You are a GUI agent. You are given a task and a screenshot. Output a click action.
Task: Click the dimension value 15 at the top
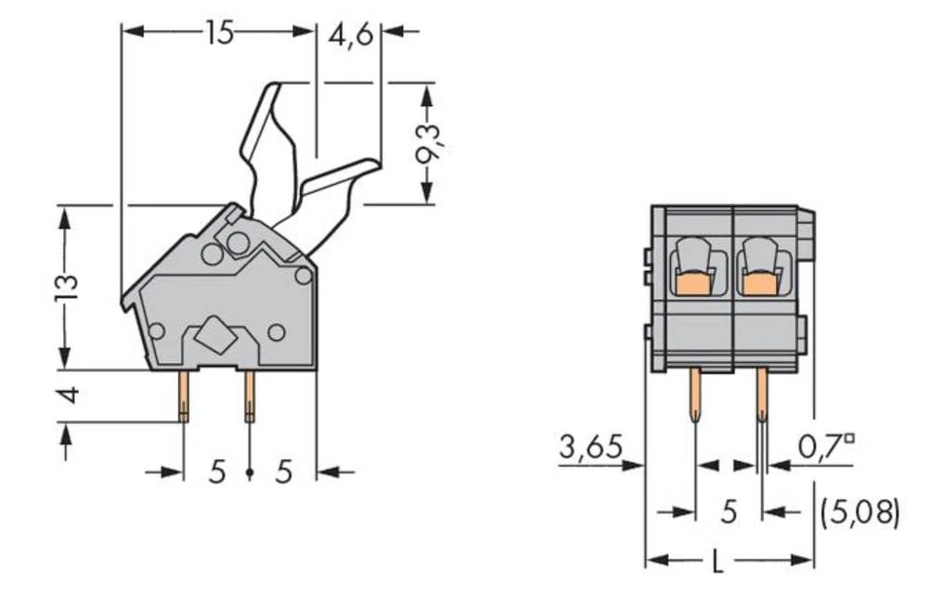coord(219,33)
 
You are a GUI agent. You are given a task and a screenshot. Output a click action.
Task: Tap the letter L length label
coord(718,561)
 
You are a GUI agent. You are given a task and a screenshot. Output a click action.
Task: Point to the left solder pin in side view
coord(184,394)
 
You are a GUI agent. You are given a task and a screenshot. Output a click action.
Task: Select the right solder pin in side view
coord(249,394)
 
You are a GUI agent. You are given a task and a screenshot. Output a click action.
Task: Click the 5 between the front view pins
coord(728,511)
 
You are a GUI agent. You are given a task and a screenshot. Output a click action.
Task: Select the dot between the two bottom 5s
coord(250,474)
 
